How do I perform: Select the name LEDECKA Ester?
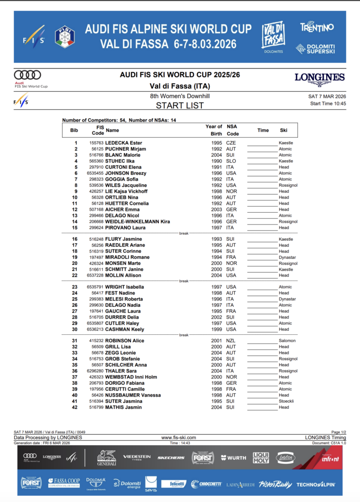click(123, 143)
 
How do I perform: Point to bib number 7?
click(75, 179)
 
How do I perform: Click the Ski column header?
click(284, 130)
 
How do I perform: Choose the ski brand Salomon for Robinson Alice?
click(287, 341)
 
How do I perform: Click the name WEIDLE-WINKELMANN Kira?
click(138, 222)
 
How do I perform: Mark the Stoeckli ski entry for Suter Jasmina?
click(287, 401)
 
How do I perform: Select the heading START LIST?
click(180, 105)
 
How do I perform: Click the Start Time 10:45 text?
click(328, 103)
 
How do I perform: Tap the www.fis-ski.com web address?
click(179, 438)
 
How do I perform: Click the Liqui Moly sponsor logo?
click(261, 458)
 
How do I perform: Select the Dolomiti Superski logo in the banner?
click(315, 49)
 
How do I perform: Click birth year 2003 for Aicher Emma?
click(216, 209)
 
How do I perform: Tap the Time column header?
click(263, 130)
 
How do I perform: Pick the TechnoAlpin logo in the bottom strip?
click(315, 484)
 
